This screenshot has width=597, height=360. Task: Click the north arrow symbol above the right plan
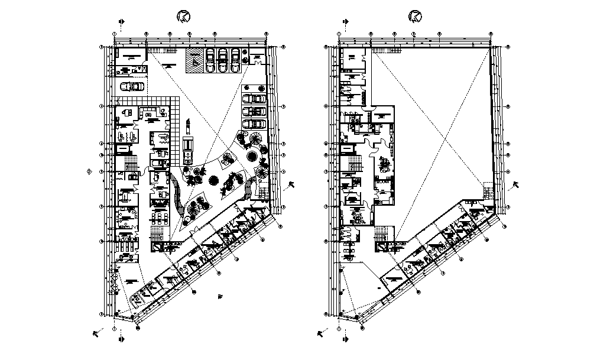(416, 15)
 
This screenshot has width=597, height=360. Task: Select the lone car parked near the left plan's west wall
(132, 86)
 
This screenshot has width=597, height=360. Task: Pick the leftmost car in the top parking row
(209, 60)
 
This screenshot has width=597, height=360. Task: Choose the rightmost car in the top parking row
(235, 60)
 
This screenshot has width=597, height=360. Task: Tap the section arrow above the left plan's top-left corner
(122, 22)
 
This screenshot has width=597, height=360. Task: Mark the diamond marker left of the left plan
(89, 171)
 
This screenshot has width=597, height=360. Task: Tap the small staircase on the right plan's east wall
(488, 193)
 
